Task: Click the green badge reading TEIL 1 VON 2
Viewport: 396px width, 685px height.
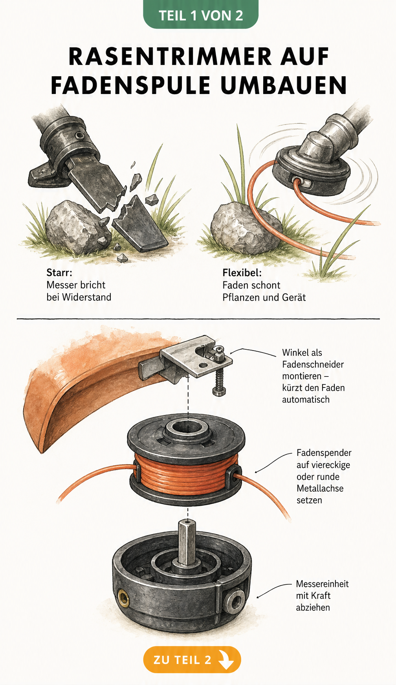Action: point(201,15)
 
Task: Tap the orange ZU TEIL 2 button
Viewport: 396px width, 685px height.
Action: point(192,659)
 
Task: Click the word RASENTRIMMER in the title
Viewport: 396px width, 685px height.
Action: point(170,57)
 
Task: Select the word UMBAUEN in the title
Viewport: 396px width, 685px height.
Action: point(284,85)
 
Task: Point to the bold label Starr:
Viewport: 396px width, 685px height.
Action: point(59,273)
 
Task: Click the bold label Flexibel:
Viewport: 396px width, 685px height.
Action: point(242,273)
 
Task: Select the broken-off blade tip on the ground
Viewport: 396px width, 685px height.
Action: point(139,224)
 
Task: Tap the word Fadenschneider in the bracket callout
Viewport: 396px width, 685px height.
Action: point(313,364)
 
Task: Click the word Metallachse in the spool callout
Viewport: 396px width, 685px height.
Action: point(320,488)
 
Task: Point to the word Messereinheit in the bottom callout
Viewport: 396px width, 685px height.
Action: point(322,584)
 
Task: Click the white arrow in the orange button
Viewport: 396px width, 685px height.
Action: point(226,659)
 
